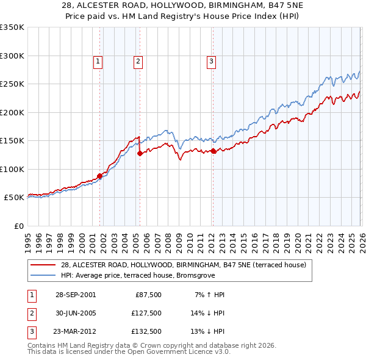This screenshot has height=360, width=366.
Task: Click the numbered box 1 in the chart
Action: (x=98, y=60)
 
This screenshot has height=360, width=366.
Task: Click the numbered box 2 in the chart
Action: (x=138, y=60)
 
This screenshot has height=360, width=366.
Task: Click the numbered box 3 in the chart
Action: (x=211, y=60)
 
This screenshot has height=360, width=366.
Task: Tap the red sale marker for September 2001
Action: (x=99, y=176)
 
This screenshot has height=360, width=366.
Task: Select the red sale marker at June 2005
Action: (x=140, y=154)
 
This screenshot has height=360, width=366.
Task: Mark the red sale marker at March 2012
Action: (x=213, y=151)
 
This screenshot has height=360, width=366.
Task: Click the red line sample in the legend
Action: (x=44, y=265)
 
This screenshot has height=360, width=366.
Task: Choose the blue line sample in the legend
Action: (x=44, y=275)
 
